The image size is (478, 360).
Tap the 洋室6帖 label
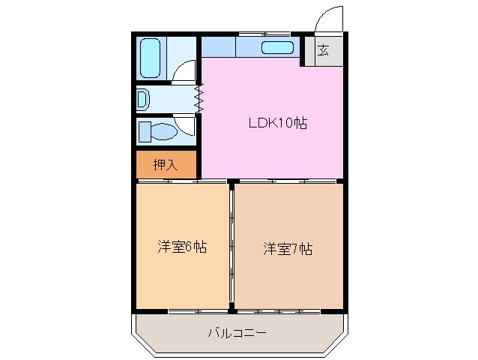click(182, 247)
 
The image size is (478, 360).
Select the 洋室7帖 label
click(287, 248)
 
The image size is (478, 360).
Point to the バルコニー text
click(237, 332)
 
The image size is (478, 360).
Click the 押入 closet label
click(165, 164)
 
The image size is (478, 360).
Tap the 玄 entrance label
click(323, 51)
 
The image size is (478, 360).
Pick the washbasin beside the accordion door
click(143, 99)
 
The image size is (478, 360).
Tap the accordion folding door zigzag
click(199, 99)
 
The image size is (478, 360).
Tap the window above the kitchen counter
click(264, 33)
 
